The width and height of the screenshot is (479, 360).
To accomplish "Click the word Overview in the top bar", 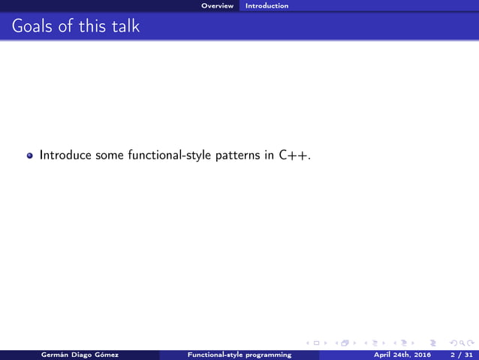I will [217, 5].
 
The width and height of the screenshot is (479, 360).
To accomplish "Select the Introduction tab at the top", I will [267, 5].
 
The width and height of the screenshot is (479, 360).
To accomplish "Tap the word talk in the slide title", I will [125, 27].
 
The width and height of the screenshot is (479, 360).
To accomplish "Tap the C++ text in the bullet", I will [295, 156].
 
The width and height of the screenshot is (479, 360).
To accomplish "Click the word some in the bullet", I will [110, 156].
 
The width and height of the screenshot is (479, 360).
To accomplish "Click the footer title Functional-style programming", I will [239, 355].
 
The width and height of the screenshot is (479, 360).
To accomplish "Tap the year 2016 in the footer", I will [420, 355].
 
